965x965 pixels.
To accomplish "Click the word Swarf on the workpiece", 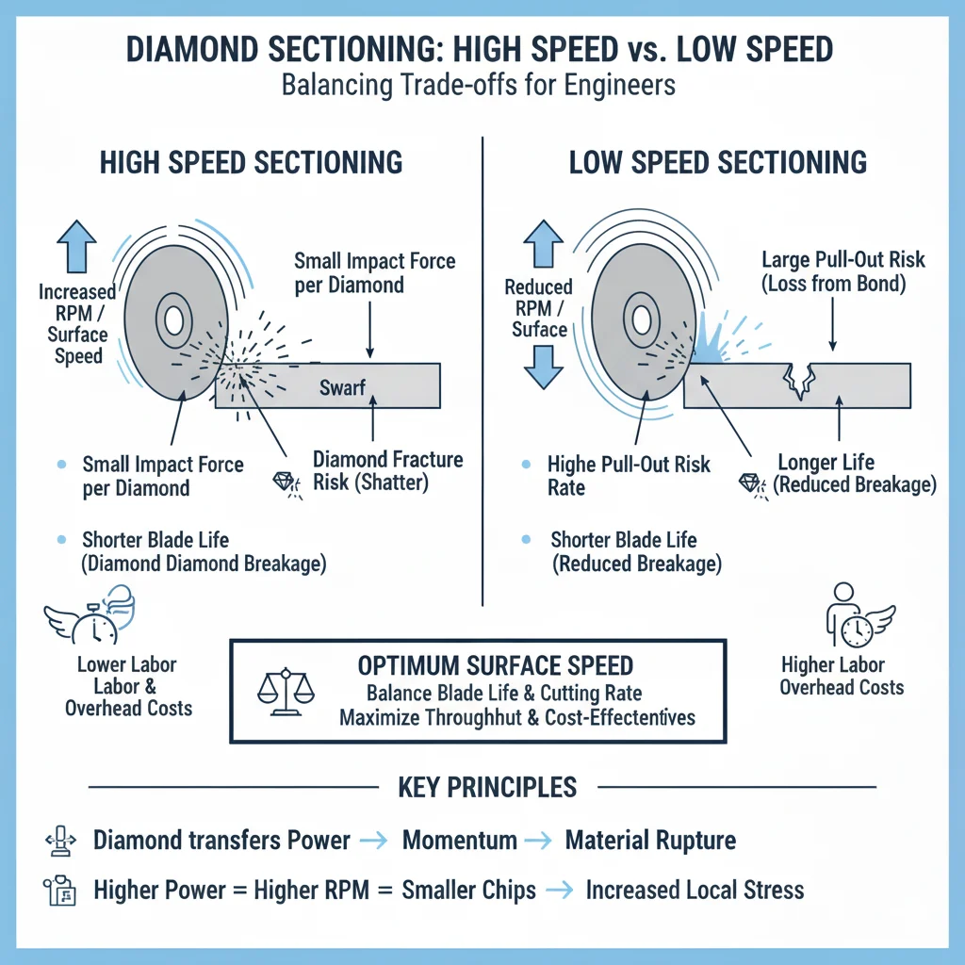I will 342,386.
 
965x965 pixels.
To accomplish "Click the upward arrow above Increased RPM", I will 77,247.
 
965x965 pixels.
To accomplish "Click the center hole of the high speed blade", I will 172,321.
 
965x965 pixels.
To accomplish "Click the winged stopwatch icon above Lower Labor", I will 90,617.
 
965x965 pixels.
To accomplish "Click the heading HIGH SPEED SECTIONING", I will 251,162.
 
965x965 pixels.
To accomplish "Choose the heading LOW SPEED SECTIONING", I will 718,162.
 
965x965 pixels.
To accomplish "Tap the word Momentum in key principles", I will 459,841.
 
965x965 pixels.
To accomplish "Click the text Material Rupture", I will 650,841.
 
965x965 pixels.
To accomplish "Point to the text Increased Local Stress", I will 695,890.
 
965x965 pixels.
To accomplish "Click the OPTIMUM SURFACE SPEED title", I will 496,665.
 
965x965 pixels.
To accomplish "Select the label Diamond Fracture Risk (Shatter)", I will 387,470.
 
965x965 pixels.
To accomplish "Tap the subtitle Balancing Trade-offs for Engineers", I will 479,85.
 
